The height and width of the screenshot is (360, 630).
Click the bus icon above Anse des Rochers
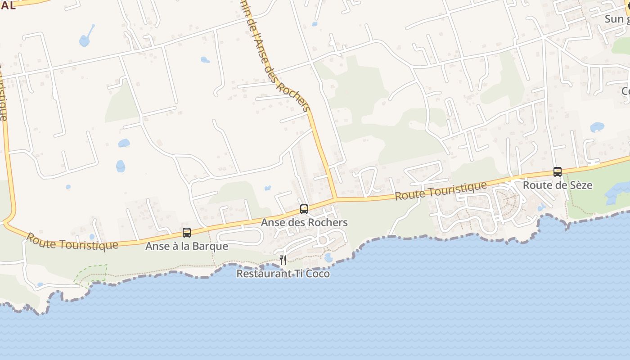[304, 209]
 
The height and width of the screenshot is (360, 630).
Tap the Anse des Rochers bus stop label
[304, 222]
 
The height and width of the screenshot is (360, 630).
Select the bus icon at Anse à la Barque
[187, 233]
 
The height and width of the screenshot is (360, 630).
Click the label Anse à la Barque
[187, 246]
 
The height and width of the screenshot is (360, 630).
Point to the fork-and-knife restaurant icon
[283, 260]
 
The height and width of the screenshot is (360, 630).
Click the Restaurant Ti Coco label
[283, 274]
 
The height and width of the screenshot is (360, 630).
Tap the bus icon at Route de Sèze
[558, 171]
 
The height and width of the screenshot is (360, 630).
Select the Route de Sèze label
[558, 185]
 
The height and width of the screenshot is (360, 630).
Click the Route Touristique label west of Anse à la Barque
[72, 241]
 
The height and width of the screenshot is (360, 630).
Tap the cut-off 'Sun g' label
[616, 19]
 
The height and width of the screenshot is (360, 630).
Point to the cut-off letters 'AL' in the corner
[8, 5]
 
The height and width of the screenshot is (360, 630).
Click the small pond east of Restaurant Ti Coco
[328, 258]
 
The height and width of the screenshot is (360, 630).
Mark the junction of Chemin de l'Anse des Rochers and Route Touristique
[335, 198]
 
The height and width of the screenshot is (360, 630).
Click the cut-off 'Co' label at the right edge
[625, 91]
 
